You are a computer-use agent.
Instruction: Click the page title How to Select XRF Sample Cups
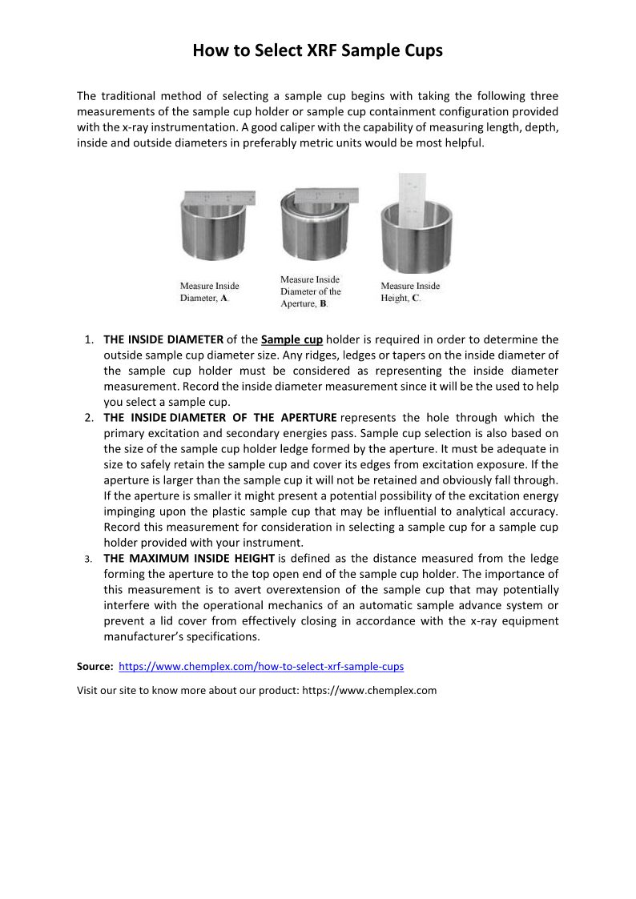317,51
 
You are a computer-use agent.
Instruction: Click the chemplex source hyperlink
261,666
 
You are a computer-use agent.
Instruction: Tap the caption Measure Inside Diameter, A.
209,291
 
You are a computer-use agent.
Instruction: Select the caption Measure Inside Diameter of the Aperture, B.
310,291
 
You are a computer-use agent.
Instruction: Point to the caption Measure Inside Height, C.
410,291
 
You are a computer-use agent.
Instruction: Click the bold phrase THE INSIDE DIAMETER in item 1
163,339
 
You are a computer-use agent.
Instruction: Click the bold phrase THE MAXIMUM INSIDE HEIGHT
189,558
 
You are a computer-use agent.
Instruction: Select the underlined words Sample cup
292,339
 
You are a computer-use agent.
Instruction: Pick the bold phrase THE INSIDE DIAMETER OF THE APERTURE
220,417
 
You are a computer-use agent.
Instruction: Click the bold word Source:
95,666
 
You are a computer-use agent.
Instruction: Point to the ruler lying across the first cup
219,198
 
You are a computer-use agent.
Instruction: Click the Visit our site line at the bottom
256,690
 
